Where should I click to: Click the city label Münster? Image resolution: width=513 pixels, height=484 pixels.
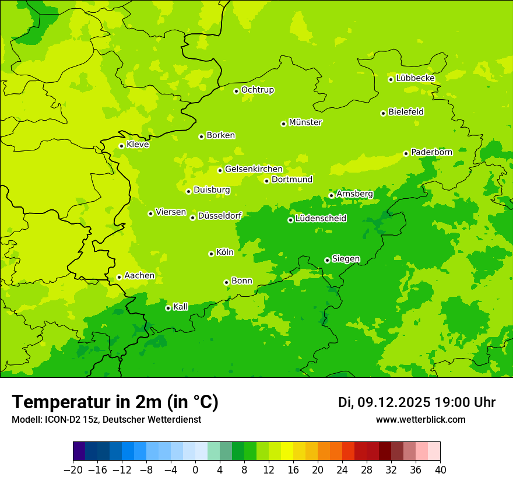point(305,122)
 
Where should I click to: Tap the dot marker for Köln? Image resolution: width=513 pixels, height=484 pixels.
point(211,254)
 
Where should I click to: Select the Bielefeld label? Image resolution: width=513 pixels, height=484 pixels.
point(406,112)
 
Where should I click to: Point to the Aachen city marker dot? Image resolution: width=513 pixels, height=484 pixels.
point(119,277)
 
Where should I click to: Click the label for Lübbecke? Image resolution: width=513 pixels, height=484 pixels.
point(415,78)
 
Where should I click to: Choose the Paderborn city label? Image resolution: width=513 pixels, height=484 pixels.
point(431,152)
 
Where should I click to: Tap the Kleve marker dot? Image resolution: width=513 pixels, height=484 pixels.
point(121,146)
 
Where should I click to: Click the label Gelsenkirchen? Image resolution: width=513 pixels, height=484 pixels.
point(254,169)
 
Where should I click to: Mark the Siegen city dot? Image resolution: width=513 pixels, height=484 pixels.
point(327,260)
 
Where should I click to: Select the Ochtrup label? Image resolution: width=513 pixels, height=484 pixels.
point(258,90)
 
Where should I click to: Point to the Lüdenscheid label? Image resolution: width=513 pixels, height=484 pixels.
point(321,219)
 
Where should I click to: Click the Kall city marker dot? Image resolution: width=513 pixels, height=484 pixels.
point(168,308)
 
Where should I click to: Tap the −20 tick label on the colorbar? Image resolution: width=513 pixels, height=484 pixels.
point(72,470)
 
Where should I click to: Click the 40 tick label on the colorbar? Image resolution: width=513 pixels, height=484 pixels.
point(441,470)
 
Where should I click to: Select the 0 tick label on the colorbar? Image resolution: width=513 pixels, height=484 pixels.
point(195,470)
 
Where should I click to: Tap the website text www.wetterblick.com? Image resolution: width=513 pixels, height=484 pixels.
point(420,420)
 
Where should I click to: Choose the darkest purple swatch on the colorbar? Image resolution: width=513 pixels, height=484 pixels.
point(79,451)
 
